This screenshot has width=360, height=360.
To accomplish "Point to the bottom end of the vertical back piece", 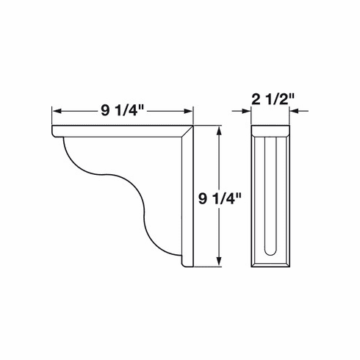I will tap(187, 266).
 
